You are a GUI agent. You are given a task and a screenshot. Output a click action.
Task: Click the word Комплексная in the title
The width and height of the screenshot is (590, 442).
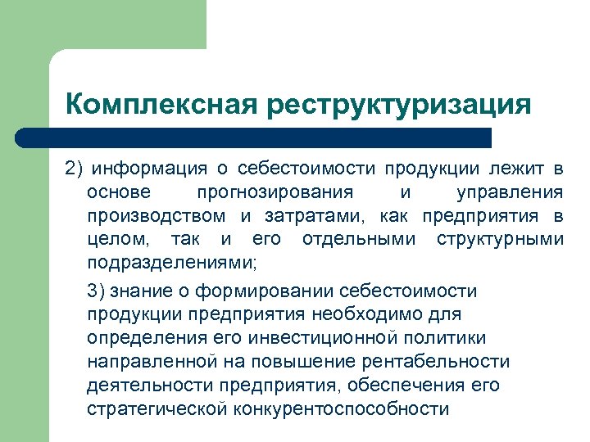tap(161, 105)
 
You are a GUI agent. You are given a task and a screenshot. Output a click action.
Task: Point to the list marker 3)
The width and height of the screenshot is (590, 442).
tap(96, 291)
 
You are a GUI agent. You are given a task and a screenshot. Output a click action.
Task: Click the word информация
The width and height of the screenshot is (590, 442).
tap(151, 169)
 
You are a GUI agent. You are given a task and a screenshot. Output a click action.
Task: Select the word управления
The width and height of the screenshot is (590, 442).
tap(509, 193)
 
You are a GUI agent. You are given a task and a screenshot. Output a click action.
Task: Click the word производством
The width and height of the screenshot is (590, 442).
tap(156, 217)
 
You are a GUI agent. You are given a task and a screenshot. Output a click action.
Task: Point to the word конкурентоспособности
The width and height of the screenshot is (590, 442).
tap(342, 409)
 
